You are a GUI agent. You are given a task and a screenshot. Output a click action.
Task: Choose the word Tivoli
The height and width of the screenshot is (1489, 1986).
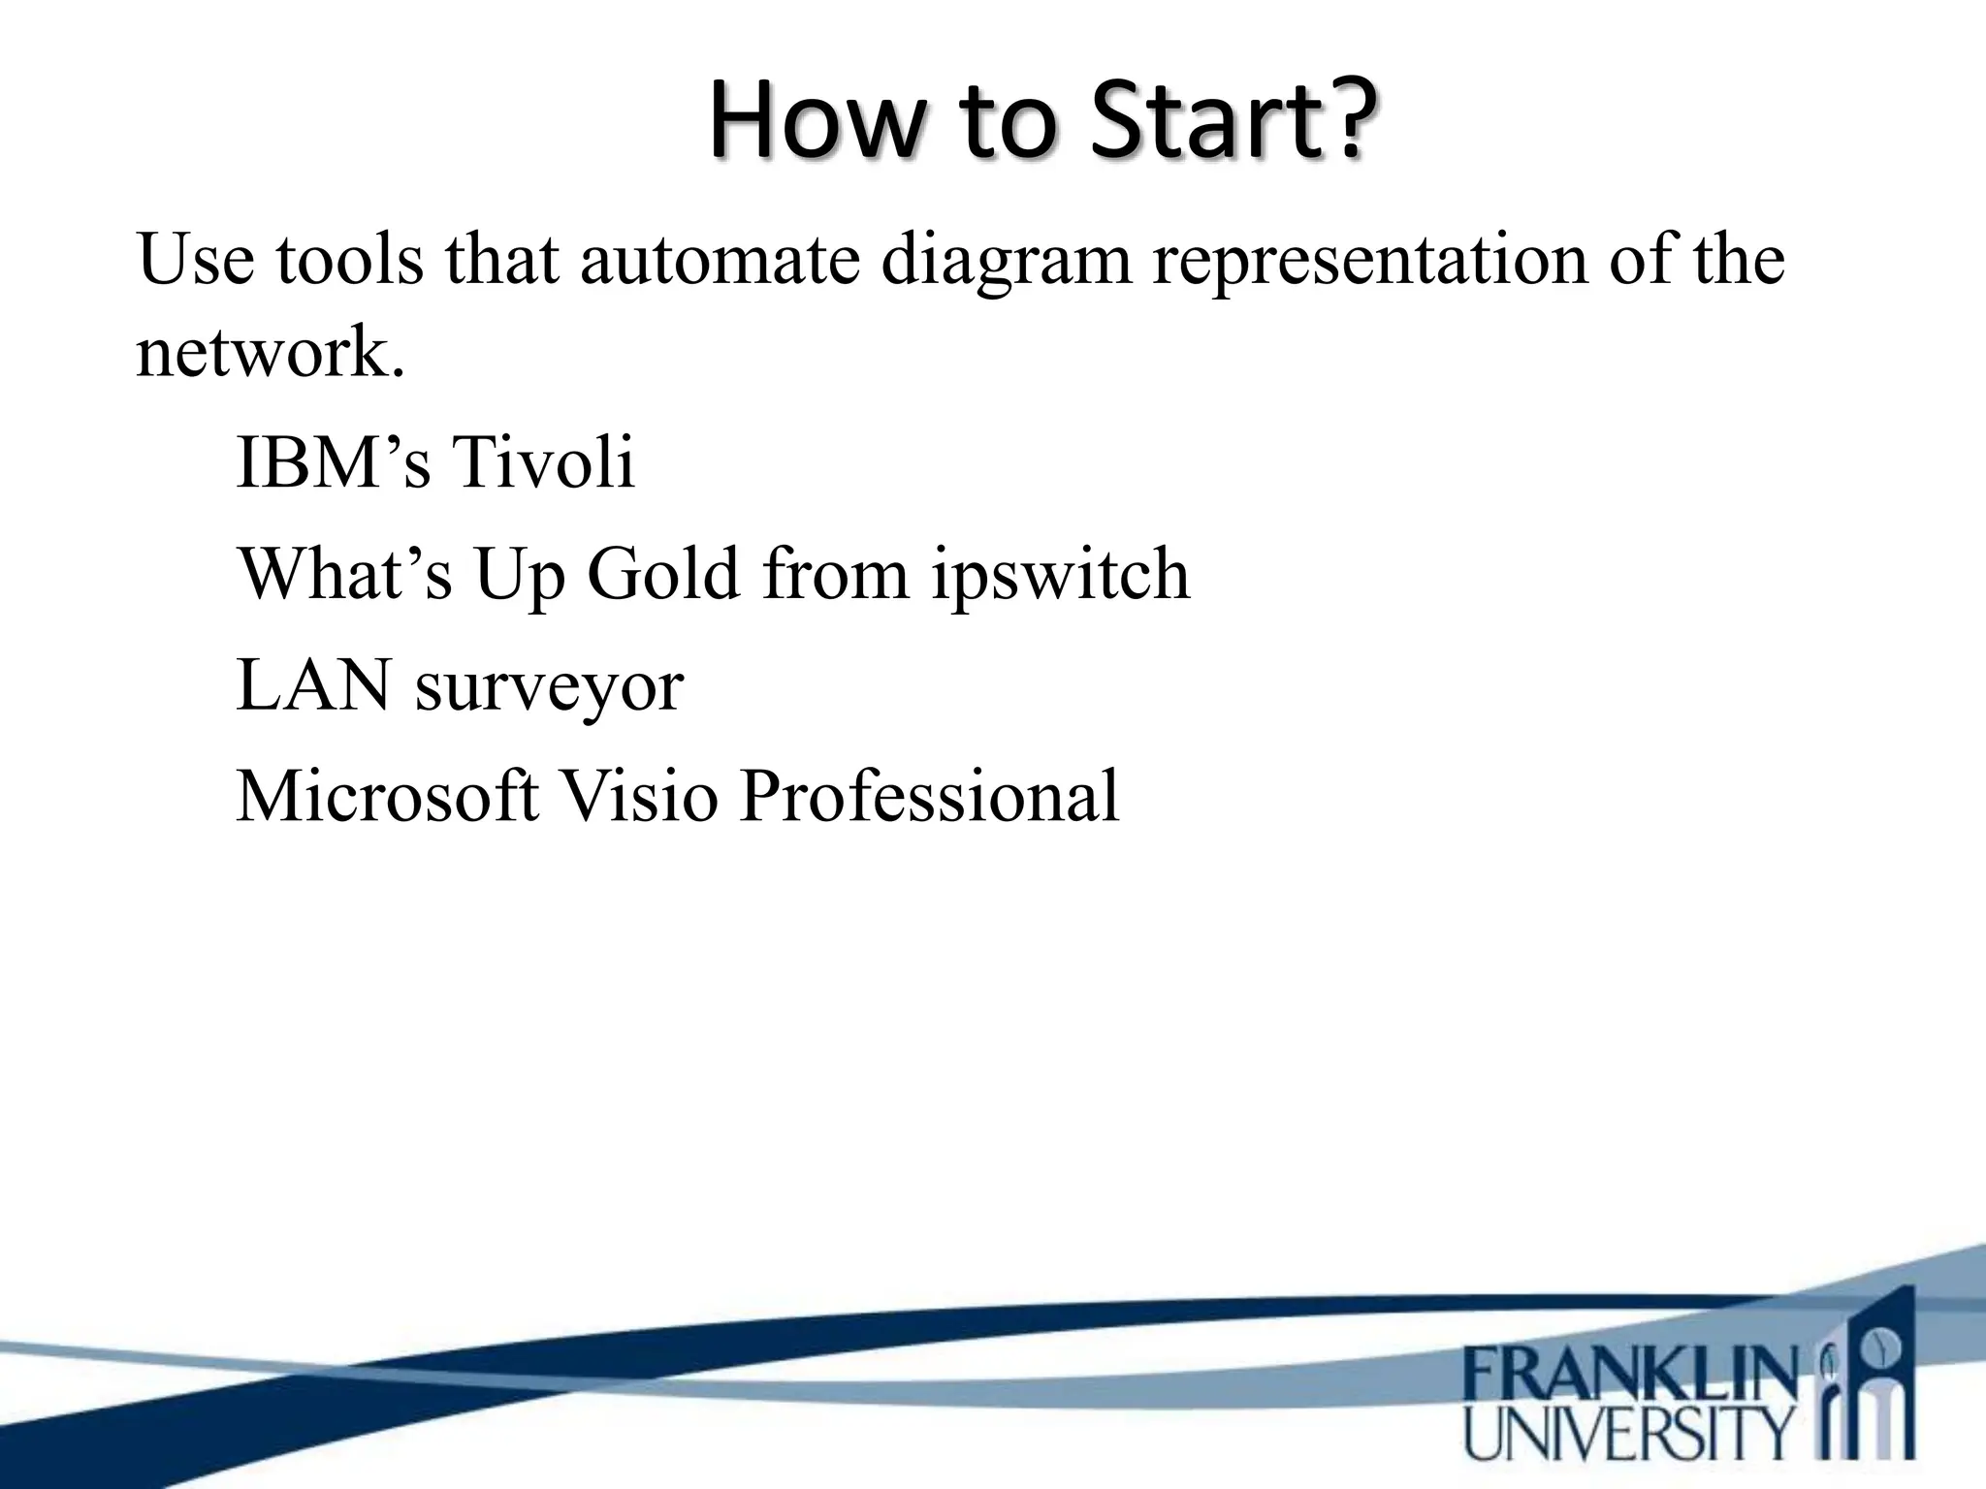(x=543, y=461)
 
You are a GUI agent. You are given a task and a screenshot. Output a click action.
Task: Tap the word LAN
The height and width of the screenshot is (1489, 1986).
(x=313, y=685)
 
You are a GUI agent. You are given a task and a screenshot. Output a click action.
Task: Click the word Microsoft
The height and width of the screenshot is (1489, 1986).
(x=387, y=796)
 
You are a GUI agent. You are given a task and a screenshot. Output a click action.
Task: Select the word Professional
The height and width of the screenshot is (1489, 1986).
(x=929, y=796)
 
